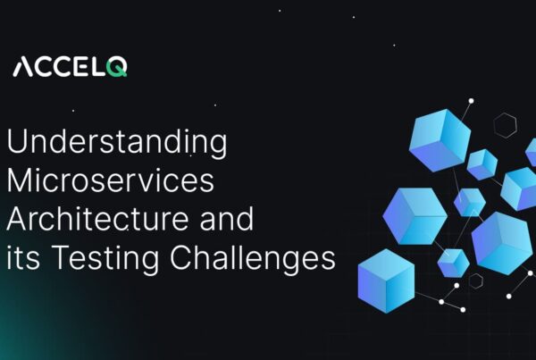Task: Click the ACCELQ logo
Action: pyautogui.click(x=70, y=67)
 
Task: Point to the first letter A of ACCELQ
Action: pyautogui.click(x=23, y=67)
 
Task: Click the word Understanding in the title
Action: pyautogui.click(x=116, y=143)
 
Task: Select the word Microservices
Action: pyautogui.click(x=111, y=181)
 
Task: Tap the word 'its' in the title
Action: pyautogui.click(x=23, y=259)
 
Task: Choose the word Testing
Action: pyautogui.click(x=104, y=259)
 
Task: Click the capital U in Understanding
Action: pyautogui.click(x=17, y=143)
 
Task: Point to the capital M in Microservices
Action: pyautogui.click(x=21, y=181)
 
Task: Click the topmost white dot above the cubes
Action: pyautogui.click(x=470, y=101)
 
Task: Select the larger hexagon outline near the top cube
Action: pyautogui.click(x=506, y=125)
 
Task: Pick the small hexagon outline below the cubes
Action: pyautogui.click(x=476, y=280)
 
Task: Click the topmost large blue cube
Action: pyautogui.click(x=439, y=139)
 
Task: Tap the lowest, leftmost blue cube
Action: pyautogui.click(x=386, y=280)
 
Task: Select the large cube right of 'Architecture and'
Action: pyautogui.click(x=415, y=215)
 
